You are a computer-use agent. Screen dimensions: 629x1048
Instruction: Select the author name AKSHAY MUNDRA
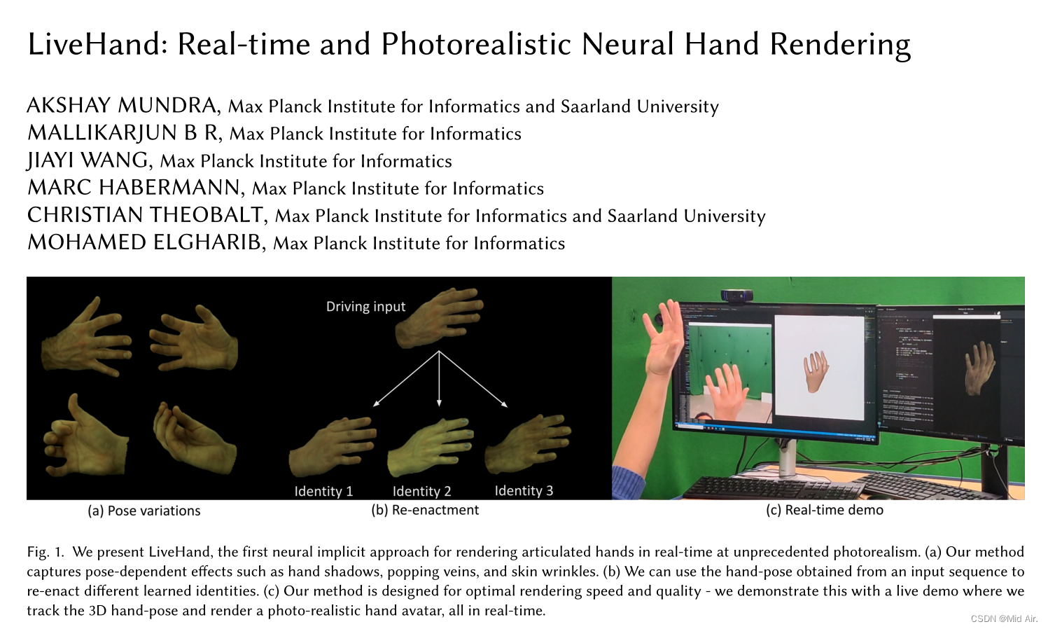(x=122, y=106)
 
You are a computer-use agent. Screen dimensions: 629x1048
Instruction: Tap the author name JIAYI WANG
(x=88, y=160)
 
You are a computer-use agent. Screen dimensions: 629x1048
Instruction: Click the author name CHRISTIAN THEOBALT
(x=146, y=215)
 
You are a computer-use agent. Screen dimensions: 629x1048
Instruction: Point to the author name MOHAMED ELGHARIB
(x=145, y=242)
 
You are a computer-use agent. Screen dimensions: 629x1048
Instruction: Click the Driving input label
(x=365, y=307)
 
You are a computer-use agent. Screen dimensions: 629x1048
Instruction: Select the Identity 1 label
(x=323, y=491)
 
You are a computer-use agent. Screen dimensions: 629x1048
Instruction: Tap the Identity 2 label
(x=421, y=491)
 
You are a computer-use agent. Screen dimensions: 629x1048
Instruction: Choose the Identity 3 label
(x=524, y=490)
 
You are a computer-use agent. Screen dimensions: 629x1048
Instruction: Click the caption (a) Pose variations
(x=144, y=511)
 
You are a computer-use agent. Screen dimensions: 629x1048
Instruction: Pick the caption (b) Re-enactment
(x=425, y=510)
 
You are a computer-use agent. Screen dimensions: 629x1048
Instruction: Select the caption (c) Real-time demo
(x=824, y=510)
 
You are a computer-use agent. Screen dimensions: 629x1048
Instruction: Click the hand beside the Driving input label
(x=439, y=319)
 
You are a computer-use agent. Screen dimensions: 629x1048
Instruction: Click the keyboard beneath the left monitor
(x=770, y=487)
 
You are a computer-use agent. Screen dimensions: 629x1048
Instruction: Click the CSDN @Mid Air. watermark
(x=1003, y=618)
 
